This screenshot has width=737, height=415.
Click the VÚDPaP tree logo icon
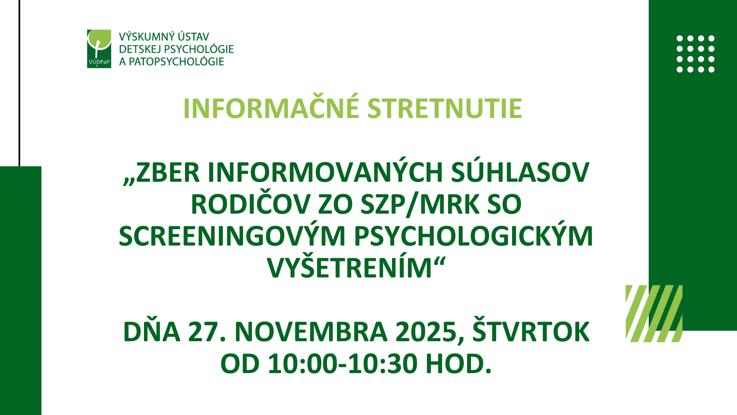click(99, 49)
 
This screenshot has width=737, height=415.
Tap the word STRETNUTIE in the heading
click(445, 108)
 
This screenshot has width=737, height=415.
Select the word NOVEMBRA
click(311, 332)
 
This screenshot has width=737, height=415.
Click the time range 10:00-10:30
click(342, 364)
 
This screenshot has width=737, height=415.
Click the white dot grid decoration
click(696, 54)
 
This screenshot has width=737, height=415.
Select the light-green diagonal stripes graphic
click(654, 314)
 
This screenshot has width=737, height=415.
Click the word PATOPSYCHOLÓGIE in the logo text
click(176, 61)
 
